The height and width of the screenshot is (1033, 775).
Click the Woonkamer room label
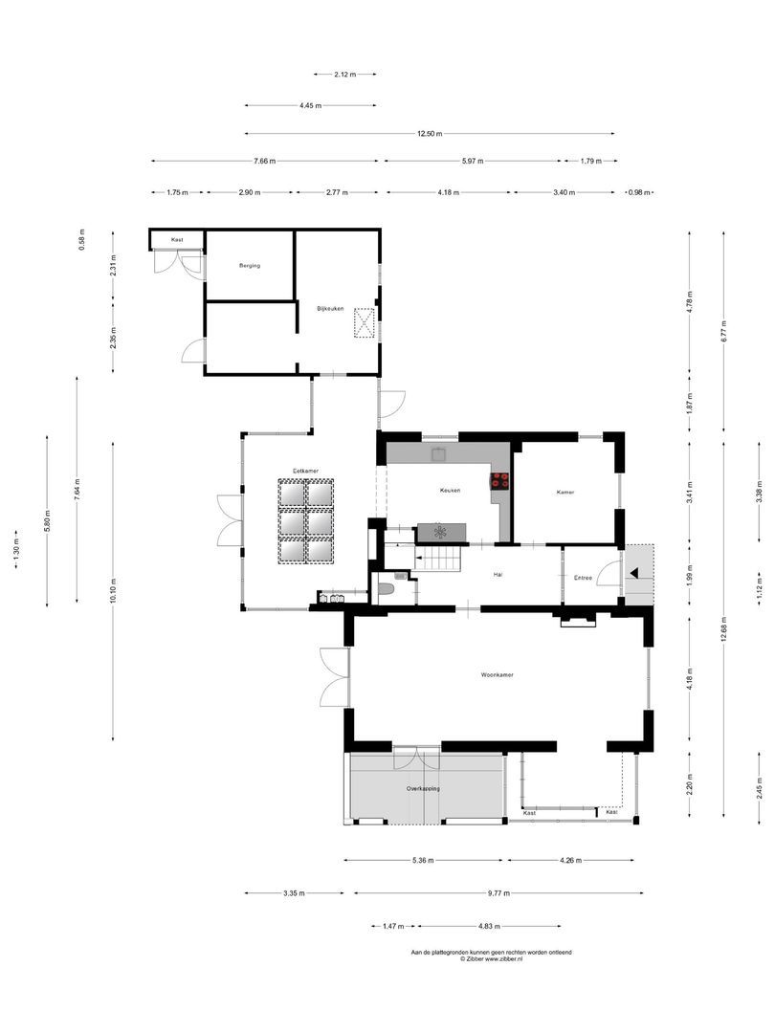tap(497, 674)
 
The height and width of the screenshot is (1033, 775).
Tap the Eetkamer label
tap(306, 471)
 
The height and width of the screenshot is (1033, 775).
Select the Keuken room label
tap(450, 490)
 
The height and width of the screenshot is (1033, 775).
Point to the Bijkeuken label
tap(330, 308)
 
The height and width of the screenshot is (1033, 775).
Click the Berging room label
tap(250, 266)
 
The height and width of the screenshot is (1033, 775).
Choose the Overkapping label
tap(423, 788)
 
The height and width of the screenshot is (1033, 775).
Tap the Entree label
tap(584, 578)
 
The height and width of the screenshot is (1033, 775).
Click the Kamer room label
tap(565, 493)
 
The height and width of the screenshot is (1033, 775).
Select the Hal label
tap(498, 575)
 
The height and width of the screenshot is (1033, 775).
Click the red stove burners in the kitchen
tap(499, 481)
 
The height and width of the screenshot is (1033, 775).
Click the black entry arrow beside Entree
tap(634, 573)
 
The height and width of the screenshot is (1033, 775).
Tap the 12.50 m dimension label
tap(430, 134)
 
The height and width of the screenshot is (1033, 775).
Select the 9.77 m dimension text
tap(498, 893)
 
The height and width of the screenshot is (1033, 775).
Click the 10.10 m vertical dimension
tap(113, 590)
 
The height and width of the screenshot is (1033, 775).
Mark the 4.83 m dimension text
tap(489, 926)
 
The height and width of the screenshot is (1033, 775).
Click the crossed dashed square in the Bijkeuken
tap(364, 323)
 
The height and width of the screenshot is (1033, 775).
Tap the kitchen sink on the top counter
tap(438, 453)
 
